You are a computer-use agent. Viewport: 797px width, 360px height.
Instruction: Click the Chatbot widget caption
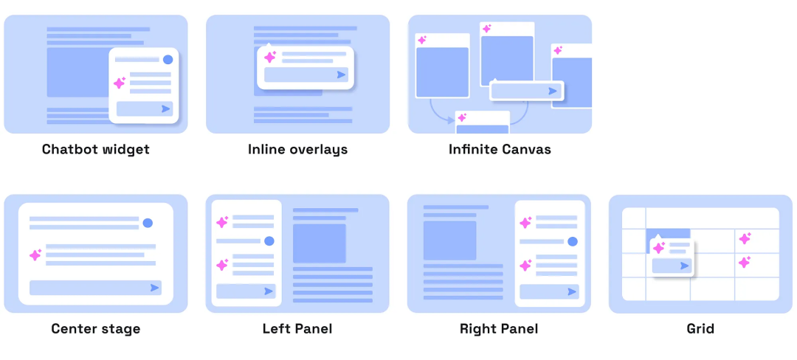click(x=96, y=149)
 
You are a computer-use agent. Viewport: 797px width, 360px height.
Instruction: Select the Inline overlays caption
click(x=298, y=149)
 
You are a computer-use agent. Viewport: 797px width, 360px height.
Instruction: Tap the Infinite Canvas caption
click(x=500, y=149)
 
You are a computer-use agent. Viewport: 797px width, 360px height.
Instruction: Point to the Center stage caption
click(x=95, y=328)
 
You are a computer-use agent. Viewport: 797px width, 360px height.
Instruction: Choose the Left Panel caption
click(x=297, y=328)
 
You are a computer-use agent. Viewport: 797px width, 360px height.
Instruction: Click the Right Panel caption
click(x=499, y=328)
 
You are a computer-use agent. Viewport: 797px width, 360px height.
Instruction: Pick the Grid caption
click(x=700, y=328)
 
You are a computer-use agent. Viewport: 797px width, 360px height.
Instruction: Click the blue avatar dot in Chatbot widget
click(x=168, y=60)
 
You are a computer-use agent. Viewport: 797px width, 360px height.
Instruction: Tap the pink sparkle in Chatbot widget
click(x=120, y=83)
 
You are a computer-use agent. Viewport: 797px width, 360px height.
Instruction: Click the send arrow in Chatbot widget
click(x=166, y=108)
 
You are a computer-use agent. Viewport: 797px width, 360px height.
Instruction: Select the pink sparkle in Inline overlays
click(x=270, y=57)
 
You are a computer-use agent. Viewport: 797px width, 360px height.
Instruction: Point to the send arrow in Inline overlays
click(x=341, y=75)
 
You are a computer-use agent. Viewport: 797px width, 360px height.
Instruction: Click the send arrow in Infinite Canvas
click(x=553, y=91)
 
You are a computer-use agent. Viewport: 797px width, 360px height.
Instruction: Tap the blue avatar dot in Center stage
click(x=148, y=223)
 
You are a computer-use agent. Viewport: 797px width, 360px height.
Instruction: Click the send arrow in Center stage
click(x=154, y=288)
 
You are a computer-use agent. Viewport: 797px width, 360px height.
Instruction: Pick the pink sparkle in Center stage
click(x=35, y=255)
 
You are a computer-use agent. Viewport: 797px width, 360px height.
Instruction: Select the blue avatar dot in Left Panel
click(x=269, y=241)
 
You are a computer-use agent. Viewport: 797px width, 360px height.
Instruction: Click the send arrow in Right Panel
click(x=572, y=291)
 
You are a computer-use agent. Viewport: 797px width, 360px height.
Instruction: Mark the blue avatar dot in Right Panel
click(x=573, y=241)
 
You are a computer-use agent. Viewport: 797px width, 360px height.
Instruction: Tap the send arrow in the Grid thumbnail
click(x=685, y=266)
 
